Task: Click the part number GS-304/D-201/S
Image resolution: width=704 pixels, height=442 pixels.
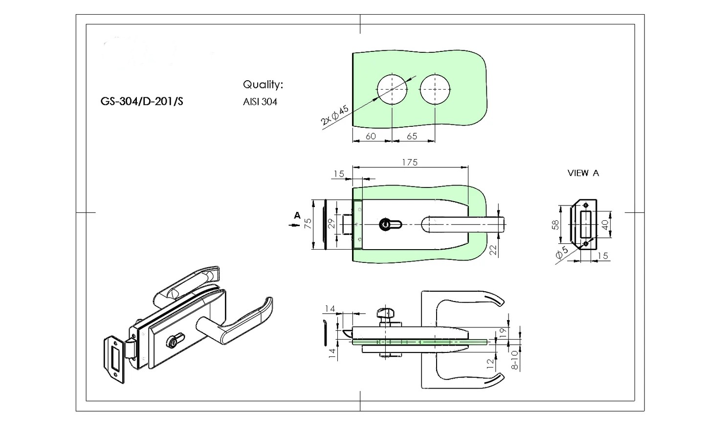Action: [142, 102]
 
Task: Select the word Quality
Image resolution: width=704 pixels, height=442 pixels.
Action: [263, 85]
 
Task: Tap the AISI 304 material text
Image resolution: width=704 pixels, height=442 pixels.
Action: [260, 102]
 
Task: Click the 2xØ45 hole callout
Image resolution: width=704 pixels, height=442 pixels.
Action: [335, 116]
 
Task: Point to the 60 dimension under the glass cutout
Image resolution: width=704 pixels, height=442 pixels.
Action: [371, 136]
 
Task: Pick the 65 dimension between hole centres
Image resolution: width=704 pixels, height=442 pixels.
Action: [412, 136]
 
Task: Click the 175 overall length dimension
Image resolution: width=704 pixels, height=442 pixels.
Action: [410, 162]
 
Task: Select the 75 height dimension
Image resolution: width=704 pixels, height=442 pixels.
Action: [308, 225]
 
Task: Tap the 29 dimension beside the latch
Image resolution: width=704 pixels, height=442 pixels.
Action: [331, 224]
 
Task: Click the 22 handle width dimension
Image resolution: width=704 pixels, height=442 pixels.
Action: [493, 250]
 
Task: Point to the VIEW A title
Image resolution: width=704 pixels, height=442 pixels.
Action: [583, 173]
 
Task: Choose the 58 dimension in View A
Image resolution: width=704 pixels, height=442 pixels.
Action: [555, 225]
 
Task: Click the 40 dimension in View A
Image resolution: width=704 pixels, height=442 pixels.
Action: [605, 225]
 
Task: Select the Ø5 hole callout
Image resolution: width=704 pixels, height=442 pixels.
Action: [562, 253]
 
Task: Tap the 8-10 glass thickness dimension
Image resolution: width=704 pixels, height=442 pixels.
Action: [514, 360]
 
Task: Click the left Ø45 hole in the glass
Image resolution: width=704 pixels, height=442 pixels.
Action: [392, 90]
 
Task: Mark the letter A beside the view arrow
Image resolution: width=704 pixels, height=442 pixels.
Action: [297, 215]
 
